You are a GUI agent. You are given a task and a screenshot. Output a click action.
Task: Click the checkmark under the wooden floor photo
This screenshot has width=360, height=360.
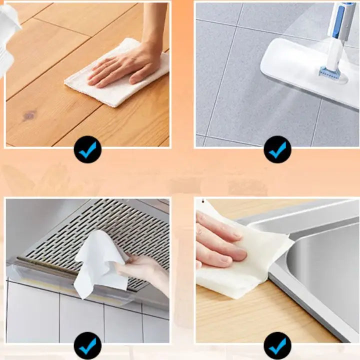click(x=87, y=149)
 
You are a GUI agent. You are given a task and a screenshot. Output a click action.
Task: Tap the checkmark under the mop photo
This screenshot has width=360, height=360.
click(x=277, y=149)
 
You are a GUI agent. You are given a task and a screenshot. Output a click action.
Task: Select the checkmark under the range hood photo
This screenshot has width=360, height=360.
click(x=87, y=345)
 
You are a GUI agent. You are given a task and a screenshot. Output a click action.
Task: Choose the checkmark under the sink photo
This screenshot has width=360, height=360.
click(x=277, y=345)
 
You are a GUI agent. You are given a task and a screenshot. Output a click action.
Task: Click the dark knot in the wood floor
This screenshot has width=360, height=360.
click(x=29, y=116)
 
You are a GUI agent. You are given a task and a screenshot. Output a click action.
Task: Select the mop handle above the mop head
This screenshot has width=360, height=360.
click(x=343, y=20)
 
